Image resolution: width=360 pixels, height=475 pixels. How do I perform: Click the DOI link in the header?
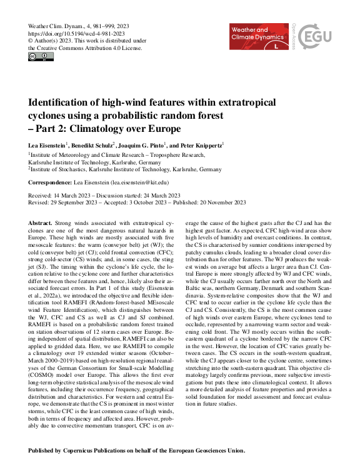[77, 33]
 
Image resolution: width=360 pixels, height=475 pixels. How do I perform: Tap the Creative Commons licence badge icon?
[41, 57]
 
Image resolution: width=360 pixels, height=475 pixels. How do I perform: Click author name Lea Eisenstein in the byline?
[47, 145]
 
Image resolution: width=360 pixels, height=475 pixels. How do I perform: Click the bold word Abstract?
[41, 223]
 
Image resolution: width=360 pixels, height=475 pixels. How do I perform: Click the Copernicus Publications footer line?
[137, 451]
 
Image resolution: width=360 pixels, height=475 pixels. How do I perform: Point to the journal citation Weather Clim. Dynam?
[56, 26]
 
